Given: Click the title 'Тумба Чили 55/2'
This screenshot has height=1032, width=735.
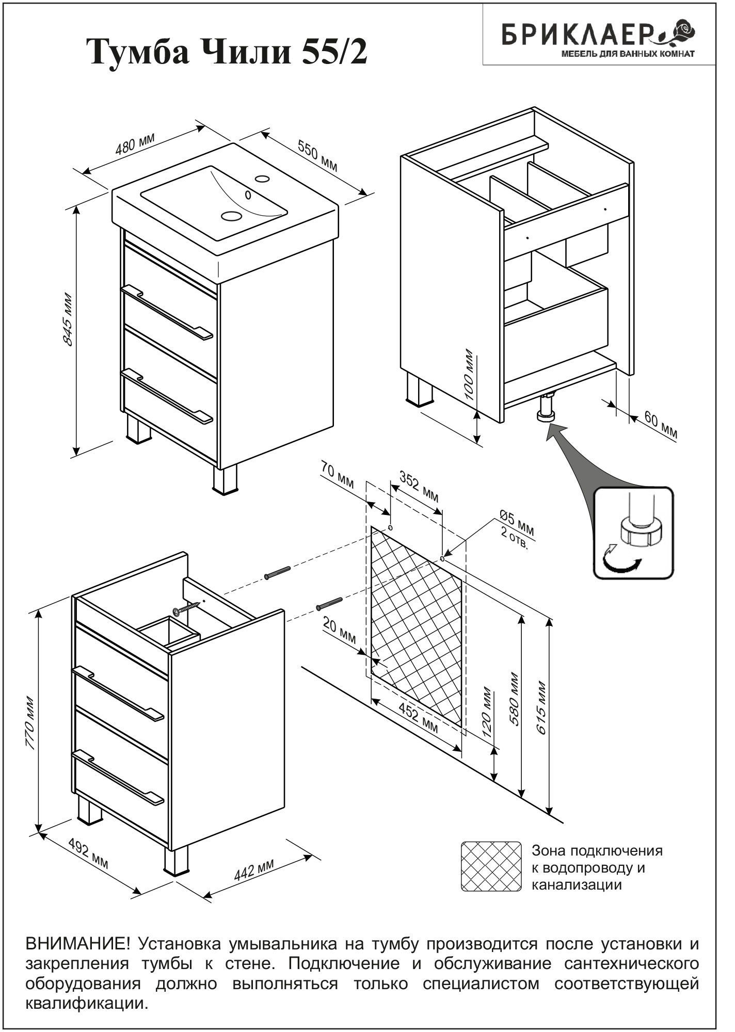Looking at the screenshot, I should click(x=228, y=53).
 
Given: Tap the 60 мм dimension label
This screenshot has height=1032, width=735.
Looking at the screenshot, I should click(x=660, y=426).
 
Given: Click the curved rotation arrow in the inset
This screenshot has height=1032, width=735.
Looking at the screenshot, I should click(x=622, y=565).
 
